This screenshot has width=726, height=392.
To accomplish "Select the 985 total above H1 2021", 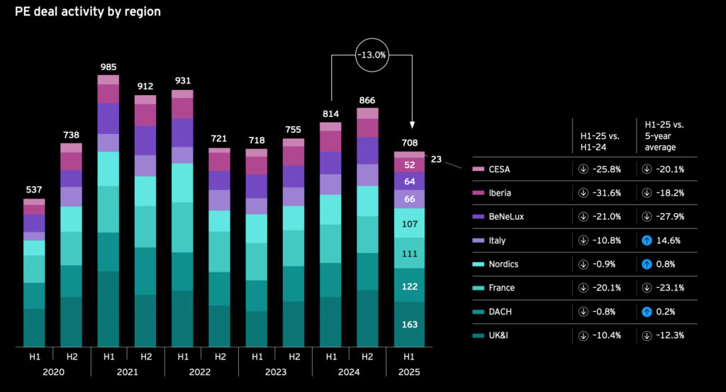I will coord(108,67).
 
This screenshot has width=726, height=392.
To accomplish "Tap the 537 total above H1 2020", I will coord(34,190).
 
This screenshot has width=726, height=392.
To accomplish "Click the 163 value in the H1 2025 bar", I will coord(410,325).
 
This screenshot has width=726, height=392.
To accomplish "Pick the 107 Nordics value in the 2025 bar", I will coord(410,223).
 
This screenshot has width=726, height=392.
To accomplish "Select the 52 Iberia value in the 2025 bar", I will coord(410,165).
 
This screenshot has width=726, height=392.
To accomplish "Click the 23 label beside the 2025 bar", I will coord(436,159).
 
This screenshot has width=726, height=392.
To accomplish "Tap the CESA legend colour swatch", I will coord(479,169).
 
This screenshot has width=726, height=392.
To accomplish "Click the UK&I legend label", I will coord(498,335).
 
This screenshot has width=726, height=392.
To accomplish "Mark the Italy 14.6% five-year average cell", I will coord(665,240).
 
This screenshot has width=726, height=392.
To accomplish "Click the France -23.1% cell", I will coord(665,288).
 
